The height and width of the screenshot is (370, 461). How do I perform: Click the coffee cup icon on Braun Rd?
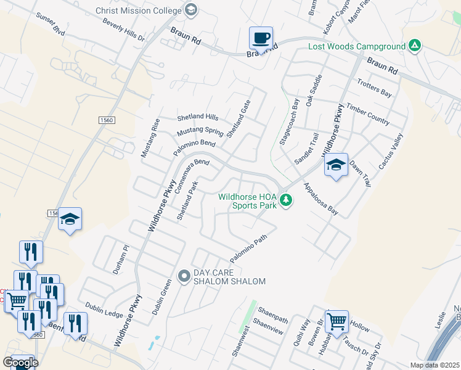[261, 38]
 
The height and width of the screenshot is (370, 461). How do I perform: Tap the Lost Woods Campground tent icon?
[415, 46]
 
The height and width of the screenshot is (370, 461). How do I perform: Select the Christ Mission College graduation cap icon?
[190, 10]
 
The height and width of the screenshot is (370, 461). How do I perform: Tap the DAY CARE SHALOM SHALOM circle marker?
[183, 276]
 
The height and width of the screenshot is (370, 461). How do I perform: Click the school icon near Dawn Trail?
[336, 165]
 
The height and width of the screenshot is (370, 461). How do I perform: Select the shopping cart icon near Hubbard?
[337, 321]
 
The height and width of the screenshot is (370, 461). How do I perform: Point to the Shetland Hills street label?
[198, 117]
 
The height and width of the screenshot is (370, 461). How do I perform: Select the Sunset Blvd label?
[51, 25]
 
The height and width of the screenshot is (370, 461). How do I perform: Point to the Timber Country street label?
[368, 115]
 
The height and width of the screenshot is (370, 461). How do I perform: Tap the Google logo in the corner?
[20, 363]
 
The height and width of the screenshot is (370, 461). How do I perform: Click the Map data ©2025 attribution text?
[435, 365]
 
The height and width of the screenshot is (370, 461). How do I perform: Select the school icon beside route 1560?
[70, 218]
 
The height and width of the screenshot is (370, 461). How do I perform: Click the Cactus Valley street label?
[390, 151]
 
